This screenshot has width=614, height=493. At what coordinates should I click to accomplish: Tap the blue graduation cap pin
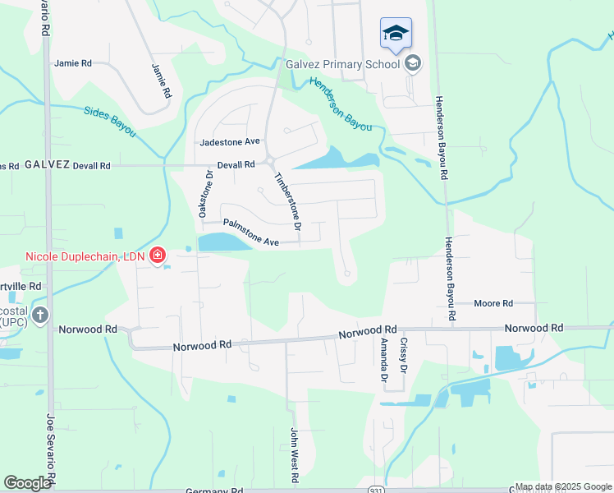(396, 34)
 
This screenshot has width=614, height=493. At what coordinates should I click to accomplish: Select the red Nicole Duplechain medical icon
(157, 257)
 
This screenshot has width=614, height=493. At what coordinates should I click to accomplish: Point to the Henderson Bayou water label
(340, 104)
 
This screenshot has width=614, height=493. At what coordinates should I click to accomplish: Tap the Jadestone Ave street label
(229, 142)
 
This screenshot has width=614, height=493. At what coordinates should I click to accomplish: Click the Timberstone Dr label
(288, 200)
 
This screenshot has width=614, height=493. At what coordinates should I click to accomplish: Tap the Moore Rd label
(493, 303)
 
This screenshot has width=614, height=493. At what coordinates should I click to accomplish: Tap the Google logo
(27, 482)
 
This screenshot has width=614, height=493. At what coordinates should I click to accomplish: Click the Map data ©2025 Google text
(561, 486)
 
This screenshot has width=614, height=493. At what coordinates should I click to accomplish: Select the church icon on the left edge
(40, 315)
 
